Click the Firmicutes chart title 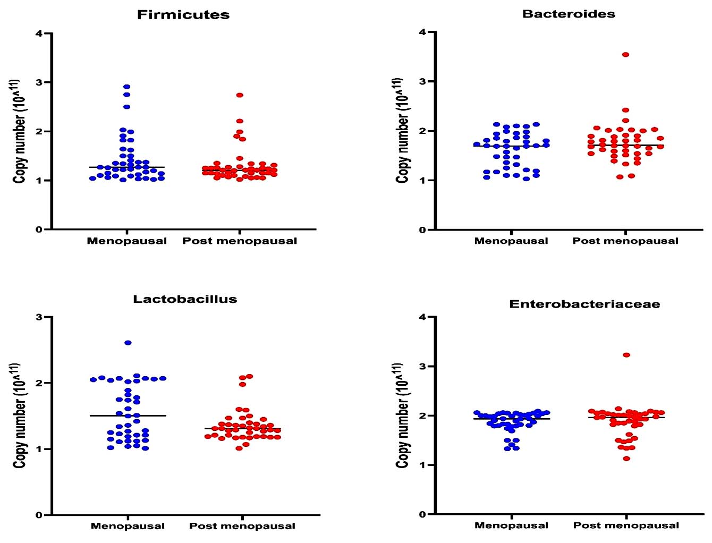click(183, 15)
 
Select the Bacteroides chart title click(569, 14)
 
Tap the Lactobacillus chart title click(185, 299)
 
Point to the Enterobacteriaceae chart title click(584, 304)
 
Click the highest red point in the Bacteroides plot click(626, 55)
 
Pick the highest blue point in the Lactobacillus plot click(128, 343)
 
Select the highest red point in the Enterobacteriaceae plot click(626, 355)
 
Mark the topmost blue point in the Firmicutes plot click(127, 87)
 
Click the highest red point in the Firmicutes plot click(240, 95)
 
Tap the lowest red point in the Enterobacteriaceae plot click(626, 459)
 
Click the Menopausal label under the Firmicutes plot click(127, 241)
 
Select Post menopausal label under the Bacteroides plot click(625, 241)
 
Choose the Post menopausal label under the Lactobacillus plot click(242, 526)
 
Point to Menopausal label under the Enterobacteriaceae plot click(511, 525)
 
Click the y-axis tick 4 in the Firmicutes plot click(39, 33)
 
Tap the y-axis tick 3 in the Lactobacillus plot click(39, 317)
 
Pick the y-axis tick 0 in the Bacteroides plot click(422, 230)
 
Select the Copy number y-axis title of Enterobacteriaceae click(402, 415)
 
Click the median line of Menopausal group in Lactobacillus click(128, 415)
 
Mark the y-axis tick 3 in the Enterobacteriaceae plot click(422, 367)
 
